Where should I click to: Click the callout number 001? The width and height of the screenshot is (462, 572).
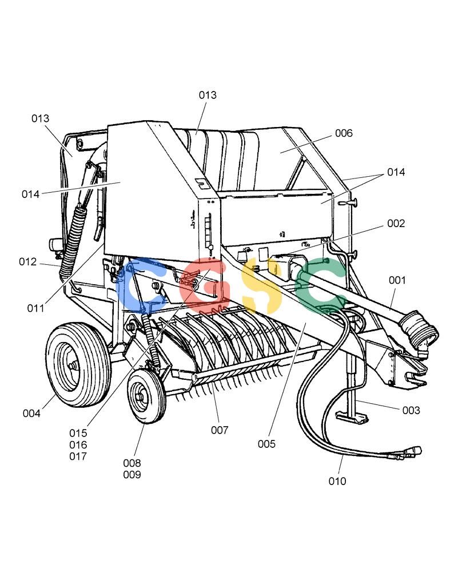point(397,280)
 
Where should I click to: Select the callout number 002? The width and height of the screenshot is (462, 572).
point(396,223)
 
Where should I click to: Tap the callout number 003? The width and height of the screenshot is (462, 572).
point(411,410)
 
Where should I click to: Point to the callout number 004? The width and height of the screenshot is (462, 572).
point(31,414)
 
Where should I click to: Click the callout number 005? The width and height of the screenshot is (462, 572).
point(266,444)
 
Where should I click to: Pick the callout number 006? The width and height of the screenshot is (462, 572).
point(344,133)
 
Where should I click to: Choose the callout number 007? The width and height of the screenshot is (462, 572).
point(220,430)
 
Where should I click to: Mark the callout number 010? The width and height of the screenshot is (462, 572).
point(337,481)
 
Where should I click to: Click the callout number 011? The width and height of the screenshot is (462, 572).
point(35,308)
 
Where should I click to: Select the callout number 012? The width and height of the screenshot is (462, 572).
point(27,261)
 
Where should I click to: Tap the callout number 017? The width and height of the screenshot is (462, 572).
point(78,456)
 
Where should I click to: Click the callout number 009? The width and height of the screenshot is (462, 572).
point(132,475)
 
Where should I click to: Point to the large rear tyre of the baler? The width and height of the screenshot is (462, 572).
point(78,364)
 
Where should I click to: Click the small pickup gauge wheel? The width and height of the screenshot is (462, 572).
point(146,396)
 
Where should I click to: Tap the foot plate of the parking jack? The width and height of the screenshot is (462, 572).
point(352,418)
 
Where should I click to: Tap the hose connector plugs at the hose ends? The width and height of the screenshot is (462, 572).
point(405,454)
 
